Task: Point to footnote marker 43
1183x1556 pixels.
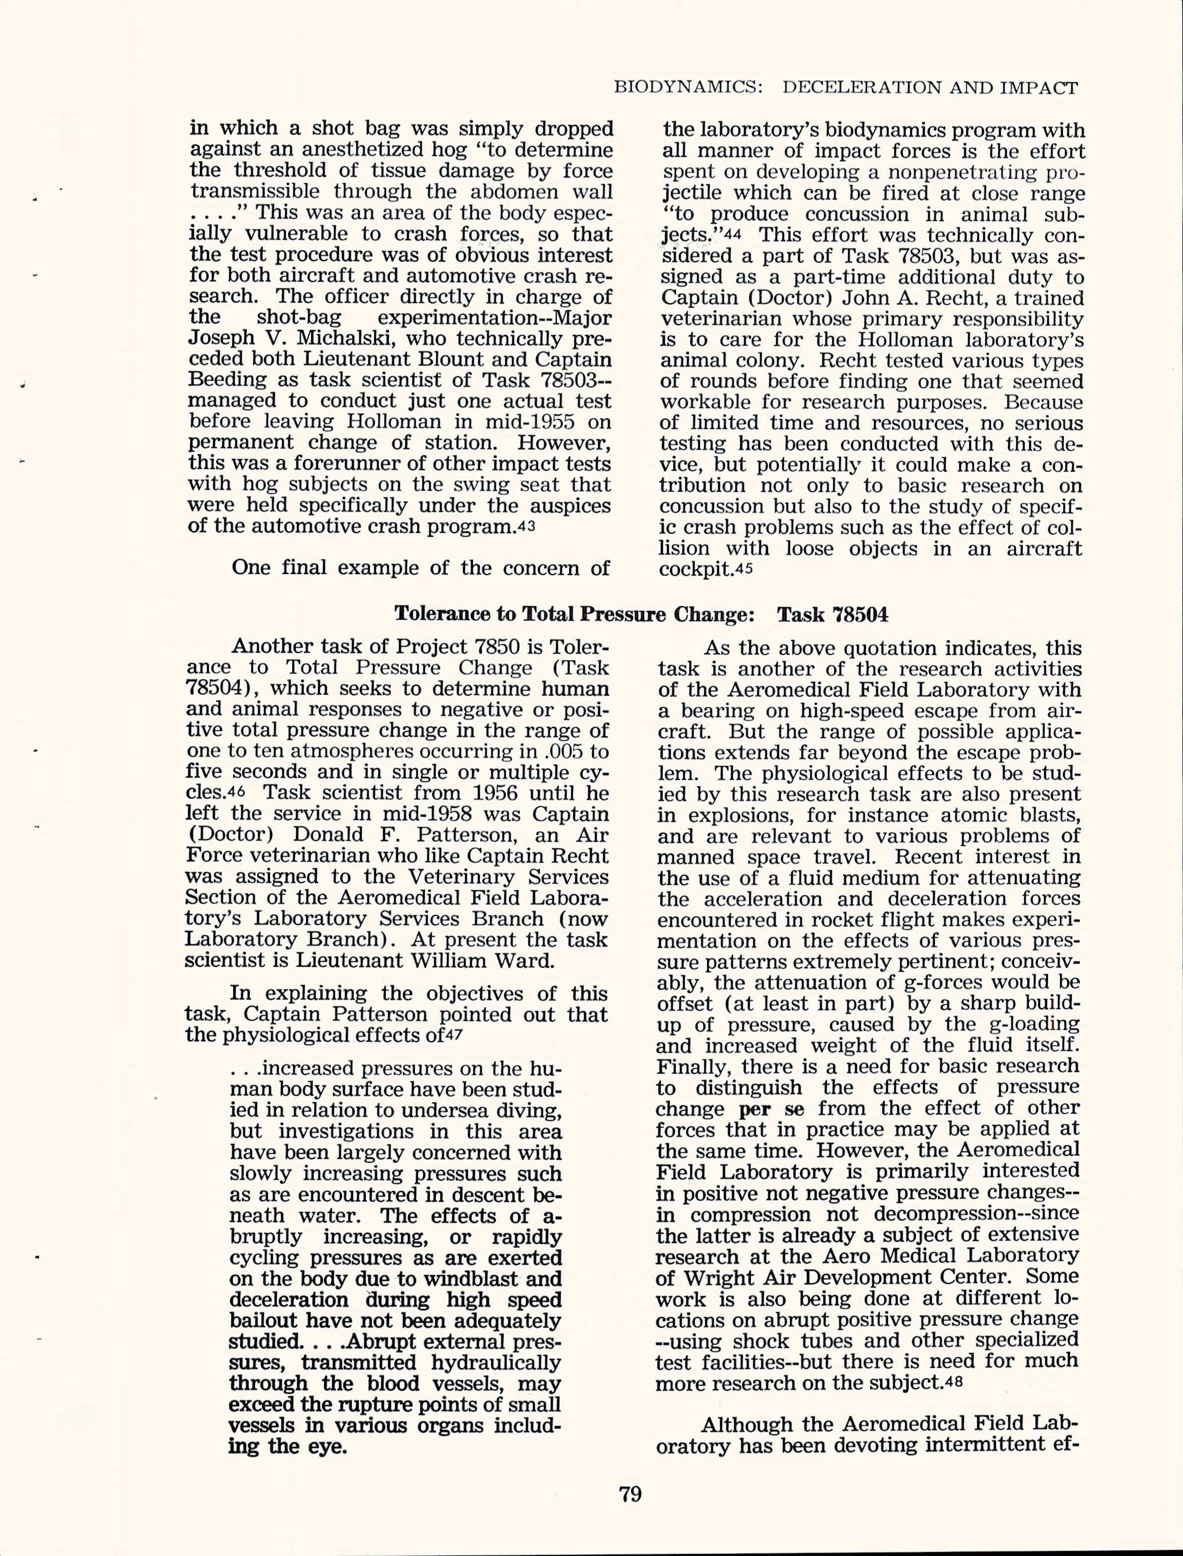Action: pyautogui.click(x=526, y=528)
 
